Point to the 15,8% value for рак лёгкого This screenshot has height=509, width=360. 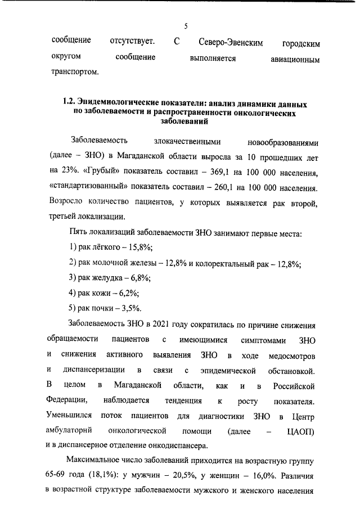140,248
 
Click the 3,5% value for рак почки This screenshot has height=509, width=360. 132,308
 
